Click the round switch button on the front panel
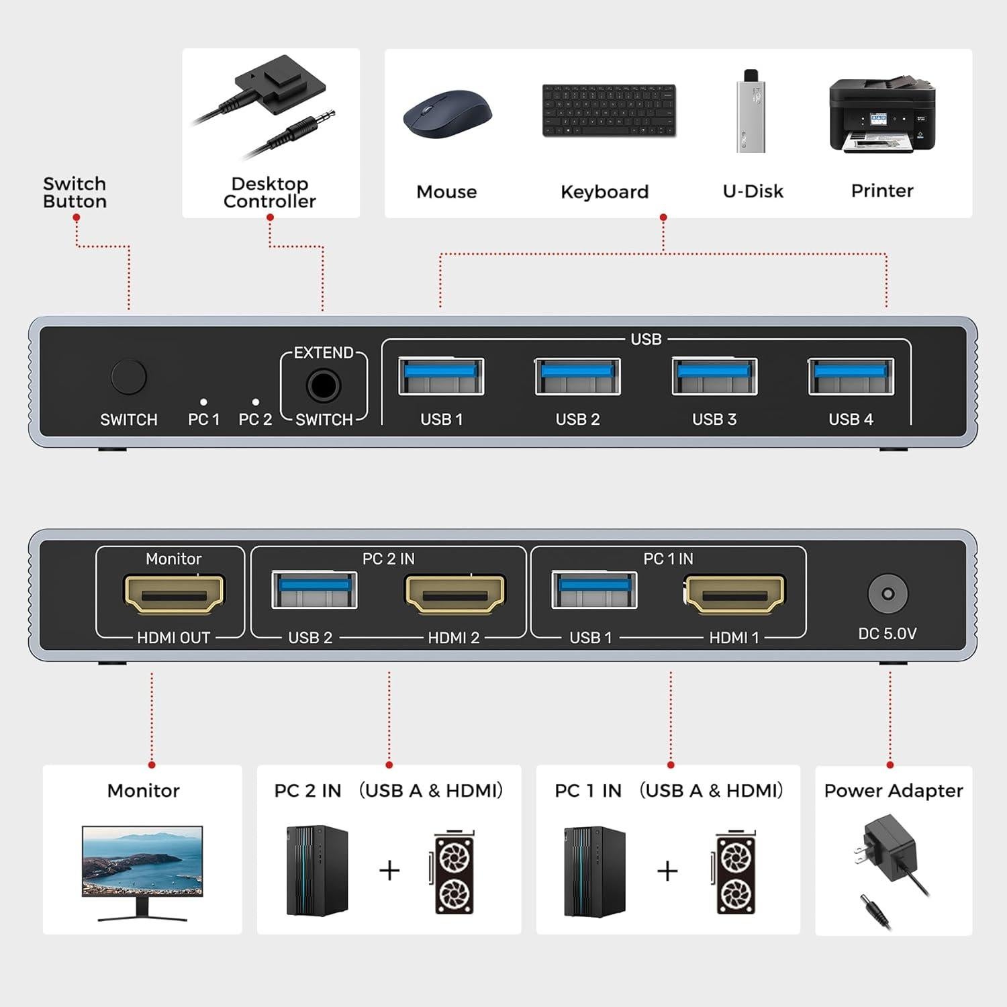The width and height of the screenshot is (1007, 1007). (x=128, y=377)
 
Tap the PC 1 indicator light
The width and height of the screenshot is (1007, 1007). (x=203, y=402)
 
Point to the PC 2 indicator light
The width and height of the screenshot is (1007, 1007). (x=256, y=402)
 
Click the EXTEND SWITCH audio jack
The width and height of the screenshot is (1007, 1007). (x=324, y=386)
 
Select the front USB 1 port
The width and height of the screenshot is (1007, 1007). (x=441, y=377)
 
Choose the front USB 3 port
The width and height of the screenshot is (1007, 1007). (x=714, y=377)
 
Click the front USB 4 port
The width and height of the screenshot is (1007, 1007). (x=851, y=377)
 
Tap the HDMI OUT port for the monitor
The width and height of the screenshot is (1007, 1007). (x=174, y=594)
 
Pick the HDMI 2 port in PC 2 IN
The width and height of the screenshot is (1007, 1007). (x=455, y=594)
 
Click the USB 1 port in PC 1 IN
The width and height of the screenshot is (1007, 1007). (x=594, y=590)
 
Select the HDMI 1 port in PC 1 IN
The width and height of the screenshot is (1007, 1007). (x=734, y=594)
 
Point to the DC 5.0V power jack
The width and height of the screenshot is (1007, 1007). (x=888, y=594)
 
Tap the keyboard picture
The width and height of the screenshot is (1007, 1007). (x=609, y=111)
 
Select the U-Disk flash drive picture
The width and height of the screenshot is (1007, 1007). (x=751, y=111)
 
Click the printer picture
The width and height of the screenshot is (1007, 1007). (x=882, y=115)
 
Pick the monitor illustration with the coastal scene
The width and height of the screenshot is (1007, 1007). (x=142, y=871)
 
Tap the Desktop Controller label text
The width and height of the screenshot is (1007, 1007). (x=270, y=193)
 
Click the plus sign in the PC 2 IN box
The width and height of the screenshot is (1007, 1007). (x=389, y=871)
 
